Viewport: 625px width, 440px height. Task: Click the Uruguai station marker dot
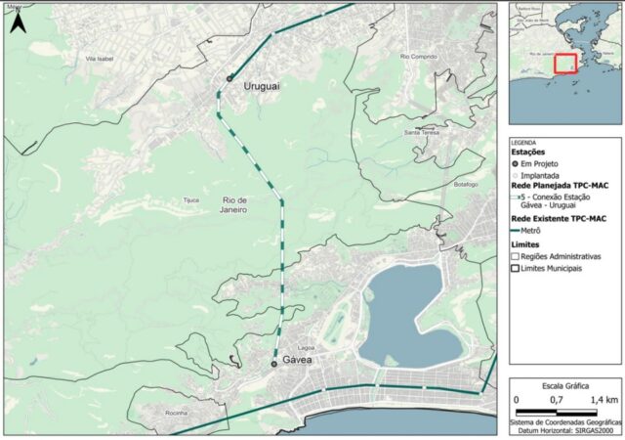click(229, 78)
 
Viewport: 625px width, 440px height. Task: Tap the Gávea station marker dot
click(273, 363)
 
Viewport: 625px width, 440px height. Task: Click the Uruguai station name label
click(261, 87)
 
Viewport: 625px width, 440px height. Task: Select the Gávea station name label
click(297, 361)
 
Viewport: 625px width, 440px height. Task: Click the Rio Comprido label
click(419, 57)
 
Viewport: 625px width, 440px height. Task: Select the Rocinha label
click(176, 414)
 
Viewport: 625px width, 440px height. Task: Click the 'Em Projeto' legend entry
click(542, 163)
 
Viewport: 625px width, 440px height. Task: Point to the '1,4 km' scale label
click(604, 400)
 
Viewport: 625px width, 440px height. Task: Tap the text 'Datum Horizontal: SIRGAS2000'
click(565, 428)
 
